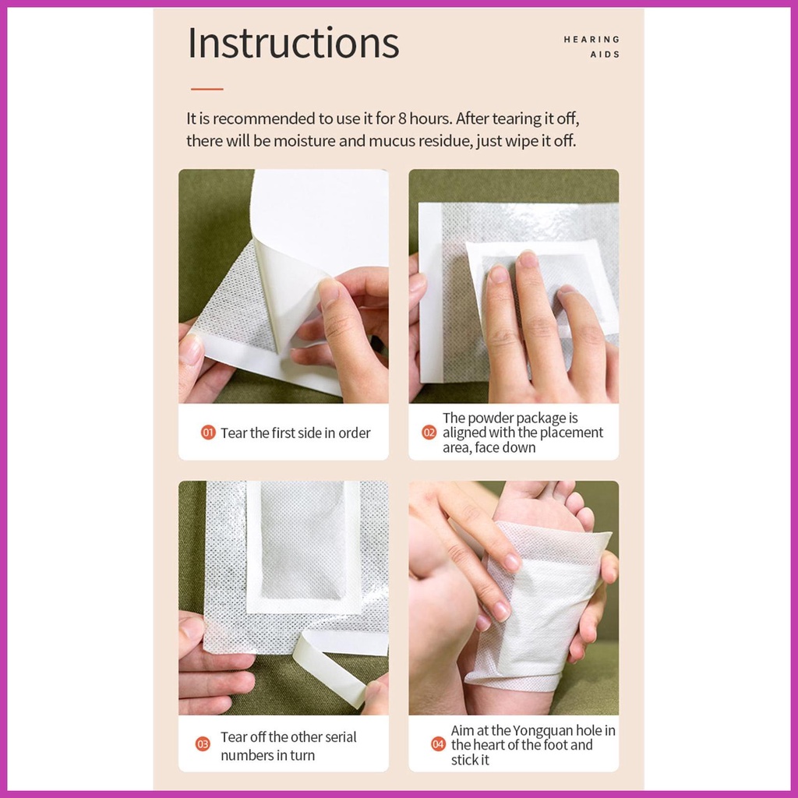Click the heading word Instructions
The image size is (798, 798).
point(293,44)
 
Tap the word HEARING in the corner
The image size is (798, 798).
point(591,39)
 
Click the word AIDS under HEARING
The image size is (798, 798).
point(605,55)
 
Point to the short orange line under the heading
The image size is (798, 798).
point(207,89)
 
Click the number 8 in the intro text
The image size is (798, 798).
point(402,118)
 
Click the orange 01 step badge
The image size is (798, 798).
point(208,433)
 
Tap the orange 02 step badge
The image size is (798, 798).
point(429,433)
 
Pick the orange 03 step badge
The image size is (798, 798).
point(203,744)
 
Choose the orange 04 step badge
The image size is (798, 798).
point(438,744)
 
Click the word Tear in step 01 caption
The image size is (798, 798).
point(234,433)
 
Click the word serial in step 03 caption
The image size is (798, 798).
point(340,737)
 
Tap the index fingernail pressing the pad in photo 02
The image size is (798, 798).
point(528,260)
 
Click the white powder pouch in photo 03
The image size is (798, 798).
point(303,546)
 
